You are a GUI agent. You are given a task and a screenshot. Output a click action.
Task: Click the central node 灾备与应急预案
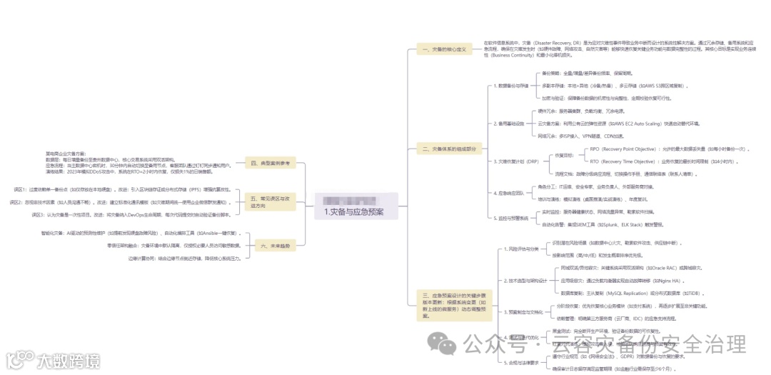(x=354, y=211)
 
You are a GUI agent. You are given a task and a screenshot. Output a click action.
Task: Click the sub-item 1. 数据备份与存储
(x=511, y=86)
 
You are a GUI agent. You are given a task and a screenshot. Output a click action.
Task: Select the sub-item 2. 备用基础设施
(x=509, y=123)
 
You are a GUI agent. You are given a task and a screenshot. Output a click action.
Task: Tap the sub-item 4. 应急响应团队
(x=509, y=193)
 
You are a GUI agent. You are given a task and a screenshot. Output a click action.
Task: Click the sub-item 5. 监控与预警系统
(x=511, y=218)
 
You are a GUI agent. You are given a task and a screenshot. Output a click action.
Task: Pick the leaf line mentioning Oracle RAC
(x=620, y=267)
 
